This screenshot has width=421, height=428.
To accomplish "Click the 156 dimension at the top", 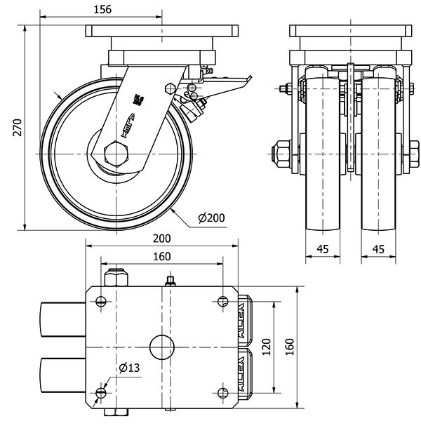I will pyautogui.click(x=102, y=9).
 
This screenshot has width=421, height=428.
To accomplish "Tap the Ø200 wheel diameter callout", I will pyautogui.click(x=211, y=218).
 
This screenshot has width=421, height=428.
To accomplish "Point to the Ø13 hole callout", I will pyautogui.click(x=128, y=368).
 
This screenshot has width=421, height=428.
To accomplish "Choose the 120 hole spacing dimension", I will pyautogui.click(x=265, y=346).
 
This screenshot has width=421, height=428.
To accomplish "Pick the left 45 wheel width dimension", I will pyautogui.click(x=323, y=249).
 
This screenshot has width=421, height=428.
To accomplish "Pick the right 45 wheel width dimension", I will pyautogui.click(x=379, y=249).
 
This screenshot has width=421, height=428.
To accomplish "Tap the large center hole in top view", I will pyautogui.click(x=161, y=347).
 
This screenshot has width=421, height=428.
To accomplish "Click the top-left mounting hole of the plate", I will pyautogui.click(x=101, y=302).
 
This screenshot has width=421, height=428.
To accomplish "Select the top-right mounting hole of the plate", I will pyautogui.click(x=223, y=302).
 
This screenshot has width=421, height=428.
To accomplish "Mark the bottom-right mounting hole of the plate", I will pyautogui.click(x=223, y=392).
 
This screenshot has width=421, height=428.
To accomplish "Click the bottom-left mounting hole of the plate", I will pyautogui.click(x=101, y=392).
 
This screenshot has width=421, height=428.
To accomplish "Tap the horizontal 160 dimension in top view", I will pyautogui.click(x=161, y=257).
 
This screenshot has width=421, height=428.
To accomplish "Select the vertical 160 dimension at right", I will pyautogui.click(x=290, y=346).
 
